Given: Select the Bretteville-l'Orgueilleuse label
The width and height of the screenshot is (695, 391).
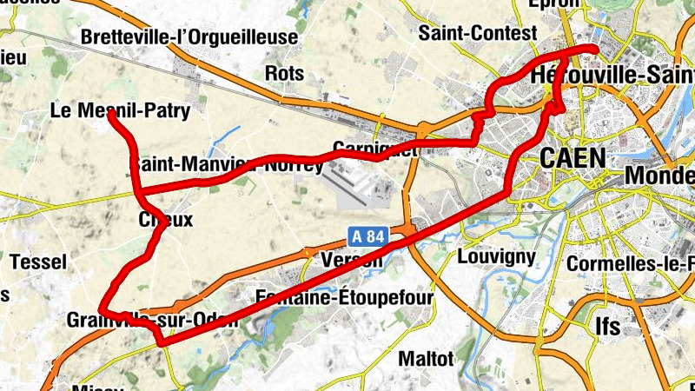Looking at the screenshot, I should point(189,37).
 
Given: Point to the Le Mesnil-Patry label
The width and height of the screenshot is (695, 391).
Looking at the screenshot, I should point(120,111).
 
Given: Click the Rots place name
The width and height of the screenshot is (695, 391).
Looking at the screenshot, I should point(284,73).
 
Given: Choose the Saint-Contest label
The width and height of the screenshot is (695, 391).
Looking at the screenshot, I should point(467,33).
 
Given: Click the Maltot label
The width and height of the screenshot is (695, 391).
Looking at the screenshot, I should point(426,358).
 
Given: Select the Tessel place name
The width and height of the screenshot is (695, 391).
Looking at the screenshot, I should point(37,262).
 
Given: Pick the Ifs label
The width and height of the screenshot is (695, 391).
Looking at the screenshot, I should point(608,325).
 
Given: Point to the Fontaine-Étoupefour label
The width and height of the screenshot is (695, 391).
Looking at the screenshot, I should point(344,298).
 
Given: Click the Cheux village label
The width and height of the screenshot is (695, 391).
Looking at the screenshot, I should point(166,220).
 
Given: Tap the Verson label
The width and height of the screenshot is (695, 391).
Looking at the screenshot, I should point(352,261).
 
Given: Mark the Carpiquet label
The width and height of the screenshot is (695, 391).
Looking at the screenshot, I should point(375,148).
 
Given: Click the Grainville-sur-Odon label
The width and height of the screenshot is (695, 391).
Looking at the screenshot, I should point(152,320).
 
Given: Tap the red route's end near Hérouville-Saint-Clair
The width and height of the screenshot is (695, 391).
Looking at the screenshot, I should point(594,49).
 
